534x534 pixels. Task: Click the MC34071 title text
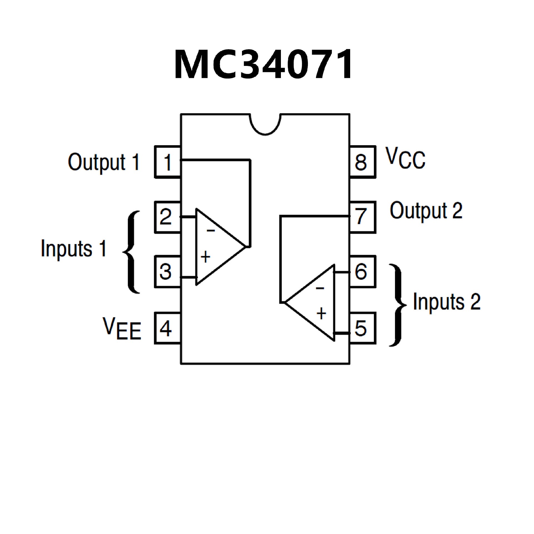point(263,65)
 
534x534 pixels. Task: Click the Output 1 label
point(103,162)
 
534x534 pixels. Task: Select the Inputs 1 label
point(73,248)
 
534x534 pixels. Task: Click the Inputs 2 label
point(447,302)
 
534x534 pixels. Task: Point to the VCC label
point(405,159)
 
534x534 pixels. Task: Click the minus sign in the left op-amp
point(211,231)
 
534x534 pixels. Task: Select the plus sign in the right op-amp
point(321,314)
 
